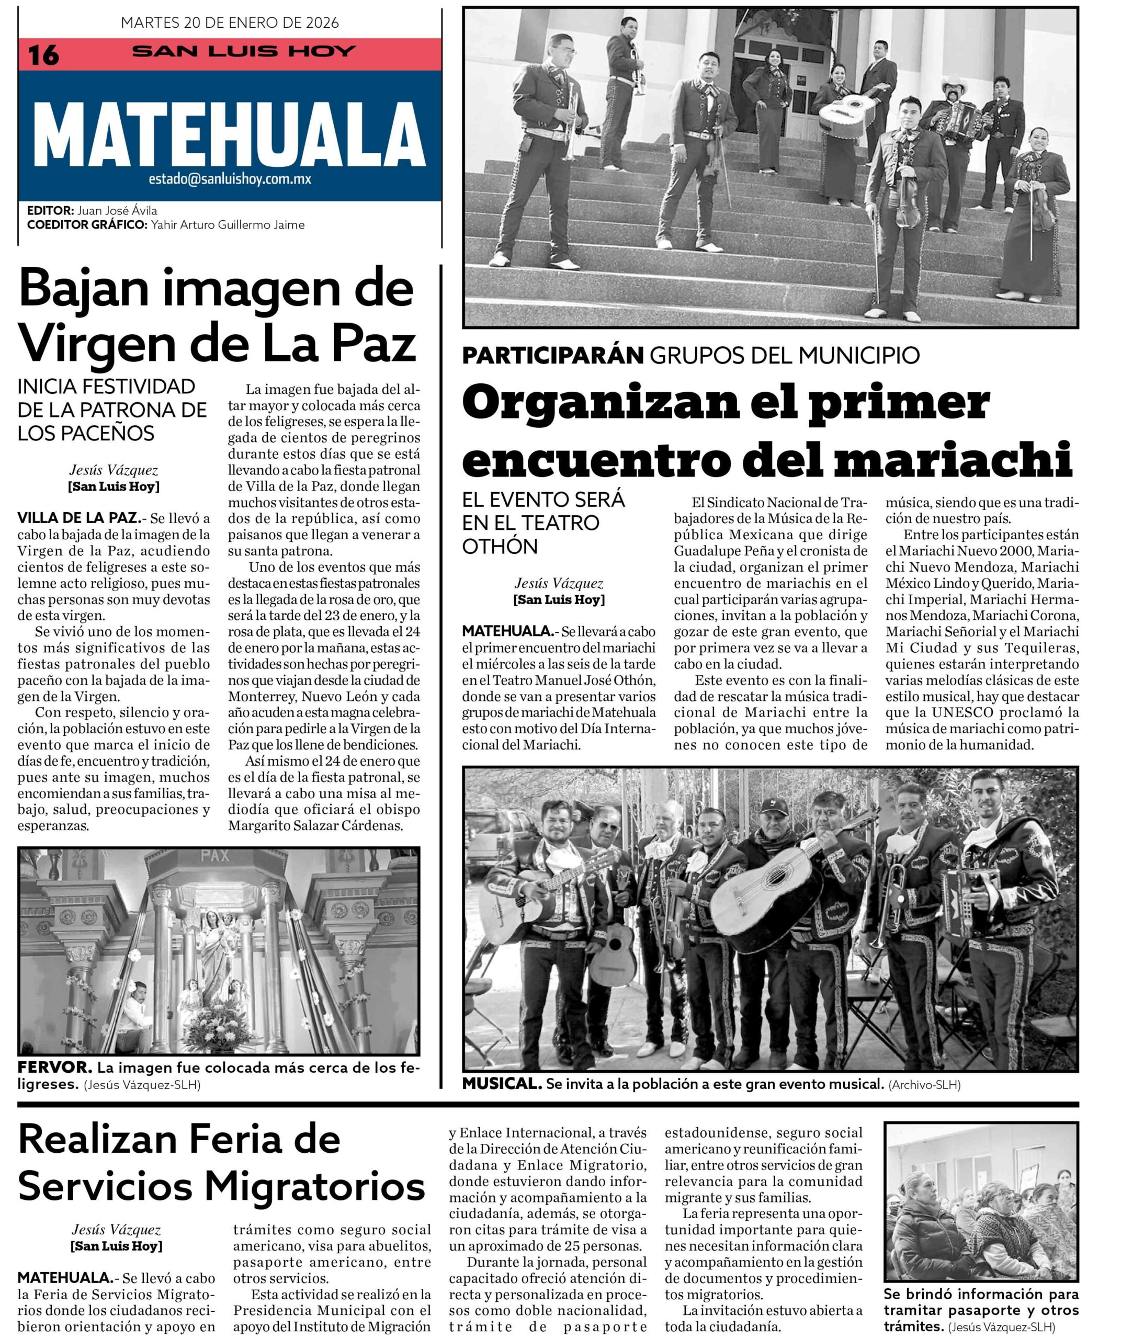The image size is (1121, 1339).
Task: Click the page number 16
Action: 43,55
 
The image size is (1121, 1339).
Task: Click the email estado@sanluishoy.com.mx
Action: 230,179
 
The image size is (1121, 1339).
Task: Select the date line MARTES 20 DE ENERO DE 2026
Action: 230,23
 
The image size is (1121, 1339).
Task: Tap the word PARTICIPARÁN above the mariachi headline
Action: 552,355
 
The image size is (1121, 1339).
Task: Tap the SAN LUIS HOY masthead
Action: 244,51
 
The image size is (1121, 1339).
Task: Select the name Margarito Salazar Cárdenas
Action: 315,826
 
